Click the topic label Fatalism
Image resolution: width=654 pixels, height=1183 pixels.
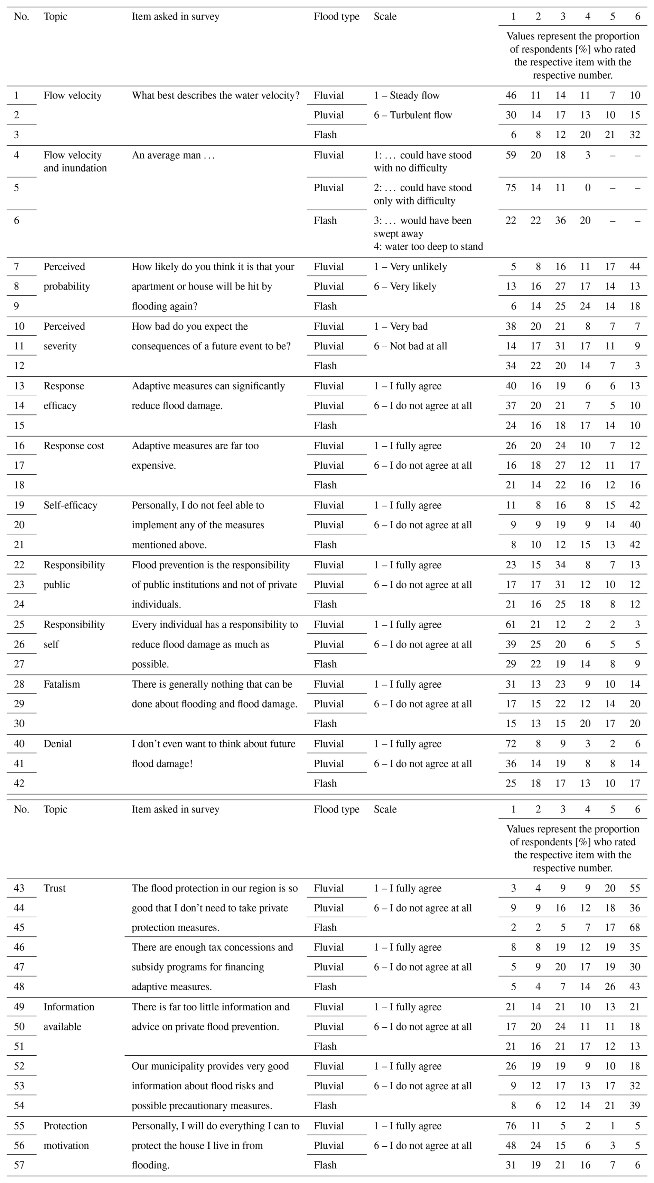pos(62,684)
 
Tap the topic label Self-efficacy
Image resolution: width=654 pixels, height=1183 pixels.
pos(70,505)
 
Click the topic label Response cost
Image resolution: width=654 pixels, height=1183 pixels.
pos(73,446)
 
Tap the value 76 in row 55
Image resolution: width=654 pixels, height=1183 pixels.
pos(511,1126)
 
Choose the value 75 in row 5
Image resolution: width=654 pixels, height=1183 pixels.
pos(511,187)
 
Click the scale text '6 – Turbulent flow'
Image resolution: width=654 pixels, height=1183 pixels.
pos(413,115)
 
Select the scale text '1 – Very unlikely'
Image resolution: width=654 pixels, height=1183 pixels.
pos(410,266)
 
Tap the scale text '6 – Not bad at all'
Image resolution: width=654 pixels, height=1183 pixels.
pos(410,346)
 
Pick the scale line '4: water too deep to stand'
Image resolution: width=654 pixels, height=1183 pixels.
pos(428,247)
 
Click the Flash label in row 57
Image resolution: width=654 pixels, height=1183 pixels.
pos(325,1165)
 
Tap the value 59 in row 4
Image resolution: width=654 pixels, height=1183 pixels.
pos(511,155)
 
